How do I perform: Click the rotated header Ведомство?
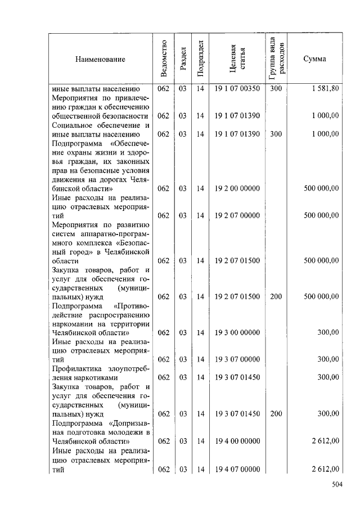point(164,59)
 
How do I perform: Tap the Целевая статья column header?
point(237,59)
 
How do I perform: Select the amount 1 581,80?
point(325,89)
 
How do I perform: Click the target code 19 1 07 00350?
point(237,89)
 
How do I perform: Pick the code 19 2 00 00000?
point(237,189)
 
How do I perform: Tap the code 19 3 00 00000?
point(237,333)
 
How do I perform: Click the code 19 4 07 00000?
point(237,469)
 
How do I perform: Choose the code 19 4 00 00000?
point(237,442)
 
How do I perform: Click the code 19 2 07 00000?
point(237,215)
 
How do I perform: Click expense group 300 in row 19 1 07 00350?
point(276,89)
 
